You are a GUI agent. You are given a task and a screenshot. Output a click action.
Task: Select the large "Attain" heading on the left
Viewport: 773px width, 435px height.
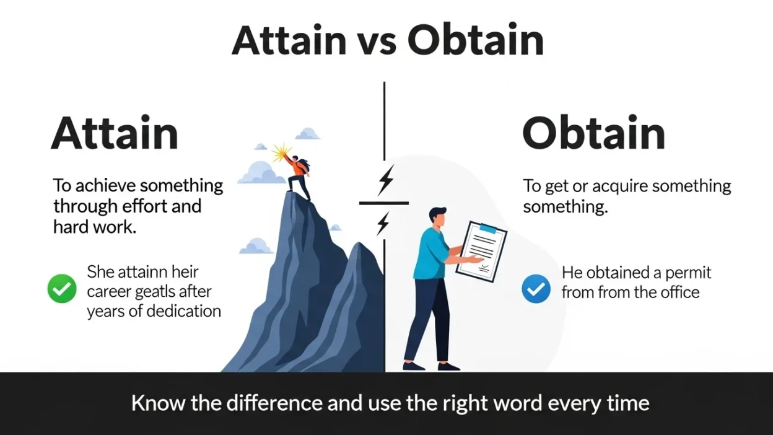115,133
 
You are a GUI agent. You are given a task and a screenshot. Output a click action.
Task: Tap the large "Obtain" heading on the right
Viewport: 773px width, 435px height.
593,133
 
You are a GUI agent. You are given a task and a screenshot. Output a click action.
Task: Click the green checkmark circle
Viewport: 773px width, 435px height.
62,289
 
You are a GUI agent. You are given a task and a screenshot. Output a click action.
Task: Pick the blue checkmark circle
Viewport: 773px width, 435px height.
536,289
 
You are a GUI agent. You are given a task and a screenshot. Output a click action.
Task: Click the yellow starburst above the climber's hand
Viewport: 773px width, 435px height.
282,151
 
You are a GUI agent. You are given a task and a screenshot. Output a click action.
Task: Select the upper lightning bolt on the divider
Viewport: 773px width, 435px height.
386,180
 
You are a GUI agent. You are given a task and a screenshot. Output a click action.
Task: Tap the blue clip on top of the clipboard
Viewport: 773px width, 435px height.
488,229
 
